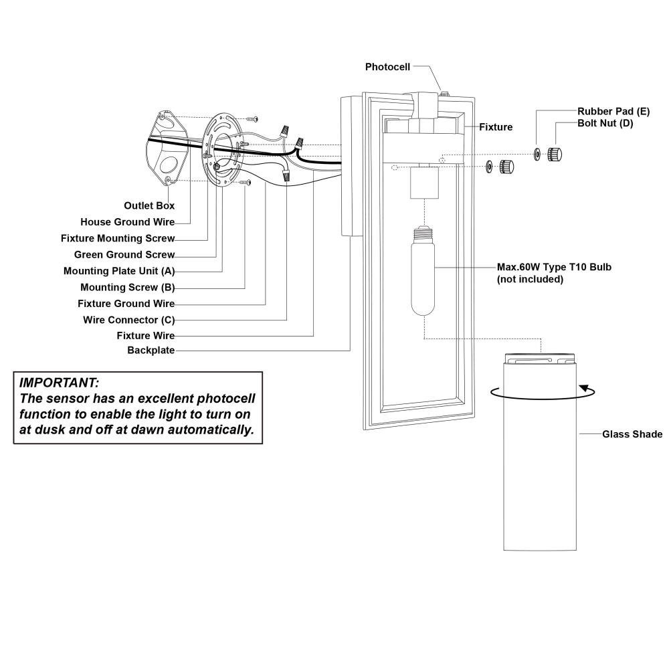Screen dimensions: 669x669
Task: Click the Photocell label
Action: pyautogui.click(x=387, y=67)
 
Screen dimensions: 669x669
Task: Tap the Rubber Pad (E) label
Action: pyautogui.click(x=613, y=111)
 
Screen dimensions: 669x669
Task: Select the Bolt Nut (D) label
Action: pyautogui.click(x=605, y=123)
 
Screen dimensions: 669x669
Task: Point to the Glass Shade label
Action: pyautogui.click(x=632, y=434)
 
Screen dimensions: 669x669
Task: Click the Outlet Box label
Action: pyautogui.click(x=149, y=205)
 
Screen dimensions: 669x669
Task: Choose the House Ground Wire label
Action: pyautogui.click(x=128, y=222)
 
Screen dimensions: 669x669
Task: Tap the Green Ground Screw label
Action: pyautogui.click(x=124, y=255)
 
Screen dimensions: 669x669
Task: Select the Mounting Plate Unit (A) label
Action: pyautogui.click(x=119, y=271)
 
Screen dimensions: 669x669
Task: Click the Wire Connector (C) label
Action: pyautogui.click(x=129, y=320)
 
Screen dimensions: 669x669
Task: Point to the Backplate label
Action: pyautogui.click(x=151, y=351)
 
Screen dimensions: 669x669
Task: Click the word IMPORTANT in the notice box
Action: pyautogui.click(x=59, y=382)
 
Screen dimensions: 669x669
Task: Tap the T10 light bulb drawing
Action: pyautogui.click(x=423, y=271)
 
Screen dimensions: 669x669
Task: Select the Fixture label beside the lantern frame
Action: pyautogui.click(x=496, y=127)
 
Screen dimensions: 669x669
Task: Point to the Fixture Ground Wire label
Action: pyautogui.click(x=126, y=303)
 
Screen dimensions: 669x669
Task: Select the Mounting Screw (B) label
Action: pyautogui.click(x=128, y=288)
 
